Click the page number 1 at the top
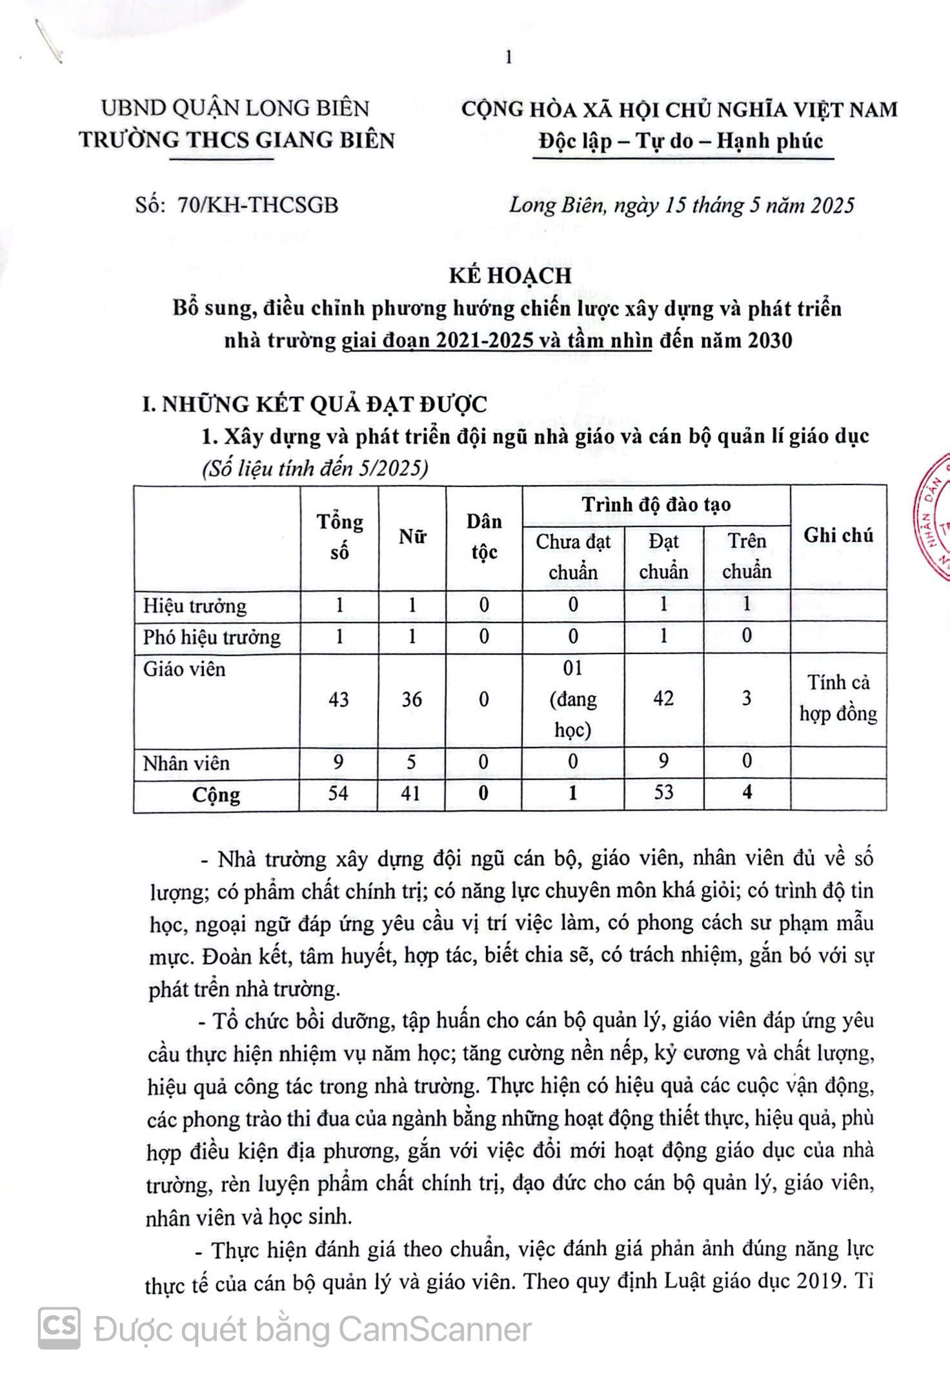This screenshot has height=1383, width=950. pos(509,58)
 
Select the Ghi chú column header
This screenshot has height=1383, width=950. pos(838,535)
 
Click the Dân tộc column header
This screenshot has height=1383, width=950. pos(484,537)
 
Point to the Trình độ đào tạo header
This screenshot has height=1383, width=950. pos(656,504)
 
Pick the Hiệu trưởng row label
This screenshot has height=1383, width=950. pos(195,606)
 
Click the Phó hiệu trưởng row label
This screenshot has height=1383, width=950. pos(212,637)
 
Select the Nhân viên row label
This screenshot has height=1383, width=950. pos(187,763)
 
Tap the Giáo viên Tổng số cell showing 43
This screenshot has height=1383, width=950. pos(339,699)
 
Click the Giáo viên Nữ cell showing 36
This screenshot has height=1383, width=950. pos(412,699)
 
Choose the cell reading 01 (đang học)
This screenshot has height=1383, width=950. pos(572,699)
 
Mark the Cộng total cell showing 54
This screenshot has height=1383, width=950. pos(339,793)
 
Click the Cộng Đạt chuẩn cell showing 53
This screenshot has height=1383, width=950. pos(663,792)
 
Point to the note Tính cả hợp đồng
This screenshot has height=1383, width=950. pos(838,699)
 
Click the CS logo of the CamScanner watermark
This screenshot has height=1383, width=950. pos(59,1328)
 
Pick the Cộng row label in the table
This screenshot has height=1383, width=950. pos(216,794)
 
